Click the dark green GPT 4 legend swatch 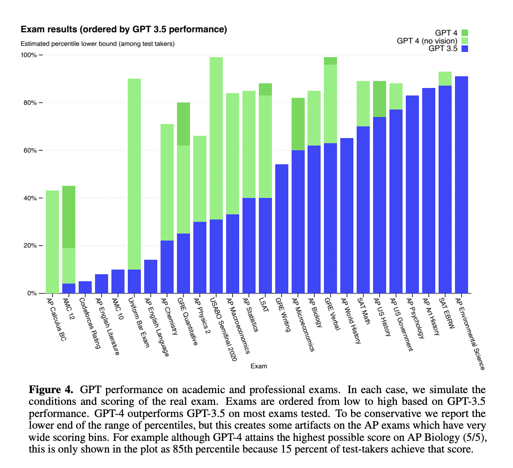tap(464, 33)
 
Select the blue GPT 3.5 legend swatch tap(464, 48)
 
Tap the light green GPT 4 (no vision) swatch tap(464, 41)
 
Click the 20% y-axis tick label tap(29, 246)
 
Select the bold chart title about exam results tap(124, 29)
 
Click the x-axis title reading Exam tap(259, 366)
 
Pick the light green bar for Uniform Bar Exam tap(134, 173)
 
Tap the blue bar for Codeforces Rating tap(85, 287)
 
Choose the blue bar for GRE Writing tap(282, 229)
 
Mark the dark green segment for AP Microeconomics tap(298, 124)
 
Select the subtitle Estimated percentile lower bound tap(97, 44)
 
